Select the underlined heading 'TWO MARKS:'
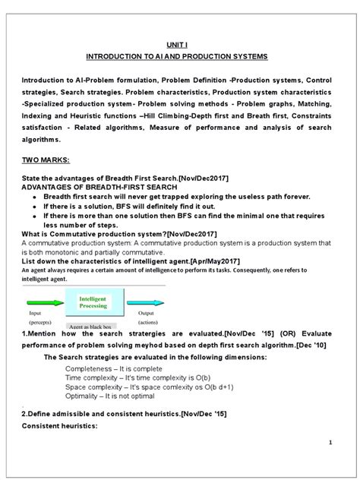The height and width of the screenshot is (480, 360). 49,161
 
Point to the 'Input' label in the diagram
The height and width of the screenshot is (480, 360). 35,312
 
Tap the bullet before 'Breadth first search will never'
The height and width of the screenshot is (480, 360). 37,196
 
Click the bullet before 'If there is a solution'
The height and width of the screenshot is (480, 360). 37,206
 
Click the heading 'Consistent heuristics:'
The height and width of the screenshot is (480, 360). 57,426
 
